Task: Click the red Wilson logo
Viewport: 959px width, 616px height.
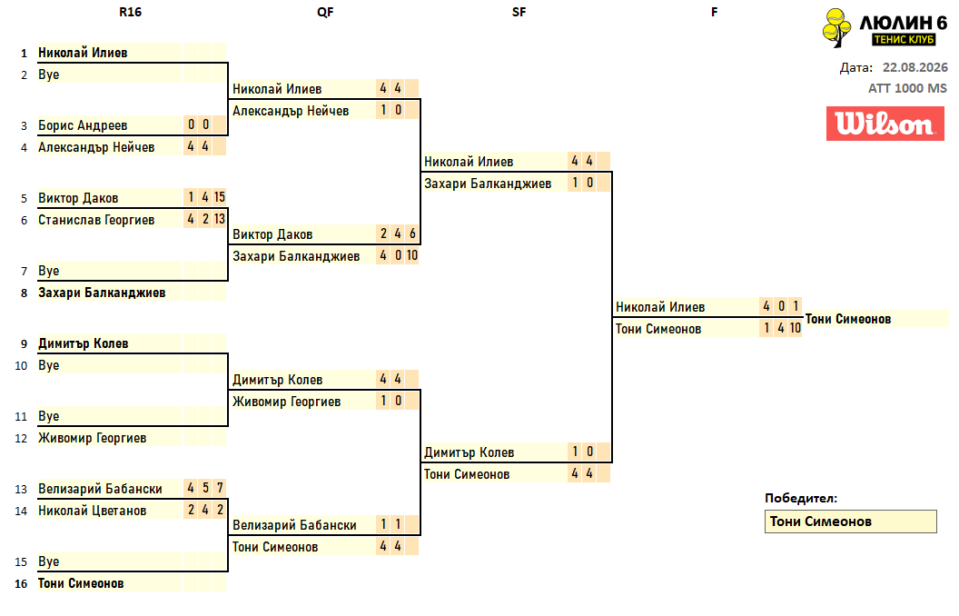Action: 885,124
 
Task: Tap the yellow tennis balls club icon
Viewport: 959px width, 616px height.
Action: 836,27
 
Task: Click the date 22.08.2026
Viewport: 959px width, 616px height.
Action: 915,67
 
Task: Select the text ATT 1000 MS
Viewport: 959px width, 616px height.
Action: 907,88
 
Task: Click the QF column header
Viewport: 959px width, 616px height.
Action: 325,12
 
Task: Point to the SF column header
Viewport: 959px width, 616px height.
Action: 519,12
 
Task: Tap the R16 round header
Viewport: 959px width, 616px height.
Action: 130,12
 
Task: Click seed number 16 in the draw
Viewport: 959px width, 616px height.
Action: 21,583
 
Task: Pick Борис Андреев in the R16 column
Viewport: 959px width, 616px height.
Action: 83,125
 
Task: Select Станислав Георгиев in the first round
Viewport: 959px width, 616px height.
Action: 96,220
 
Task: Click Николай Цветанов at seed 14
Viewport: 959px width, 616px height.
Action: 92,511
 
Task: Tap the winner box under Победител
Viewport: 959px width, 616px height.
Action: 850,522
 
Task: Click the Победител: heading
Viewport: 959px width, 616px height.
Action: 801,498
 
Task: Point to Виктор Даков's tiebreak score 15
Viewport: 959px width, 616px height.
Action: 220,197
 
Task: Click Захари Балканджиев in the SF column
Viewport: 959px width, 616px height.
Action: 488,184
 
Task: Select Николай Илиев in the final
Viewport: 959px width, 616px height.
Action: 660,307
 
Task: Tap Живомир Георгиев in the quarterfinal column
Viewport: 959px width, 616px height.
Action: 286,402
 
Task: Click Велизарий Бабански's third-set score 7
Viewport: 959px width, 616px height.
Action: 220,488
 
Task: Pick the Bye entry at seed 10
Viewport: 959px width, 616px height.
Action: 48,365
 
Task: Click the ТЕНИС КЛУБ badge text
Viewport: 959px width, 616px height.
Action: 904,39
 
